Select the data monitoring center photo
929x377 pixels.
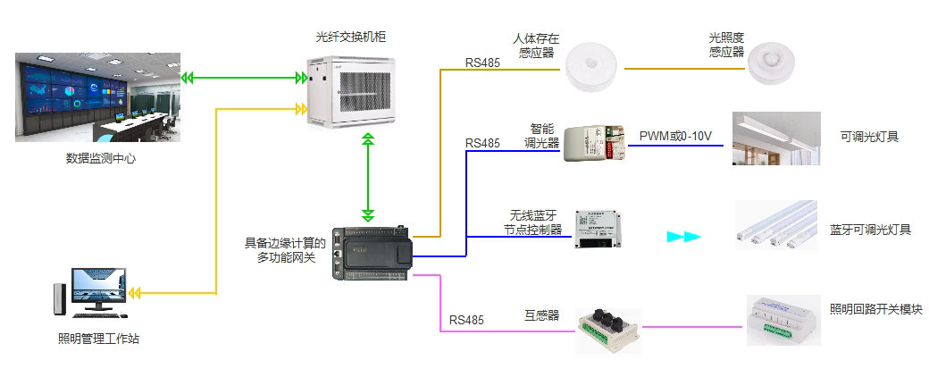(98, 96)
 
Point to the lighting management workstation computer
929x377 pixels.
(90, 289)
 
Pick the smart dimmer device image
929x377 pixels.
(594, 141)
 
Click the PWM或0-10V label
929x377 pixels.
(675, 136)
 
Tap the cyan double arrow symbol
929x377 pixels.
(684, 237)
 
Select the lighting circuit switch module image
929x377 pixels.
(783, 319)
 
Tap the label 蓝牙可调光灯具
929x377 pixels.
(870, 230)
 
